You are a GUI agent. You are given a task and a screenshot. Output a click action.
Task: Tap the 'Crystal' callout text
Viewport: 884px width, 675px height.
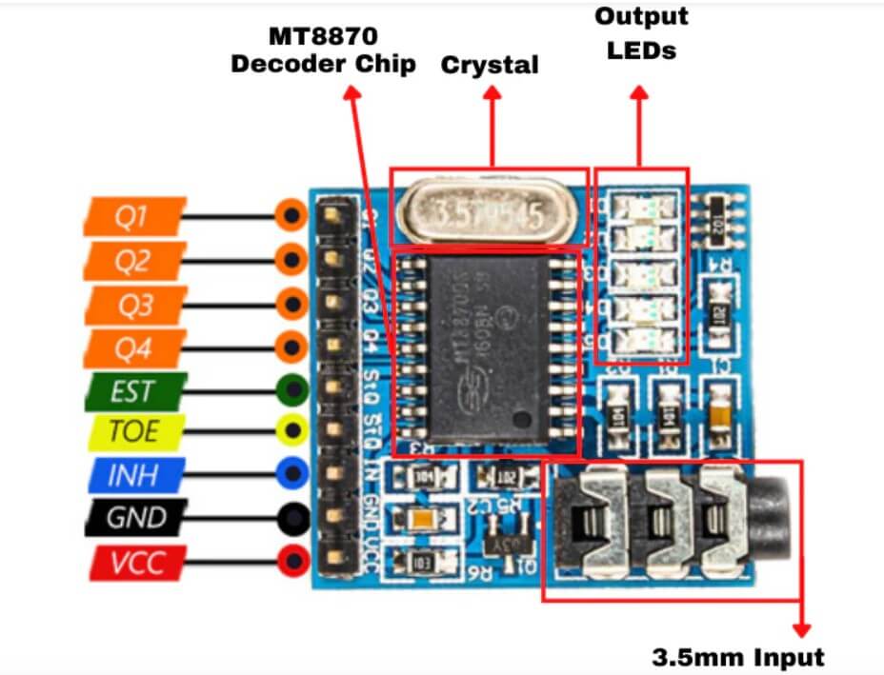coord(490,65)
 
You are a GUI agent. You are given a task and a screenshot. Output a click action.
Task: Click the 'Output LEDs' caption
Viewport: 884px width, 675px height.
coord(641,33)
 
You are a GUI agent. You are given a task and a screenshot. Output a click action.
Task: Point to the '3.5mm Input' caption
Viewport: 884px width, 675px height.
coord(738,656)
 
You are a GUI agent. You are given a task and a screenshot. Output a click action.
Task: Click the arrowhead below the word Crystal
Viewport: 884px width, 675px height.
coord(492,93)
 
